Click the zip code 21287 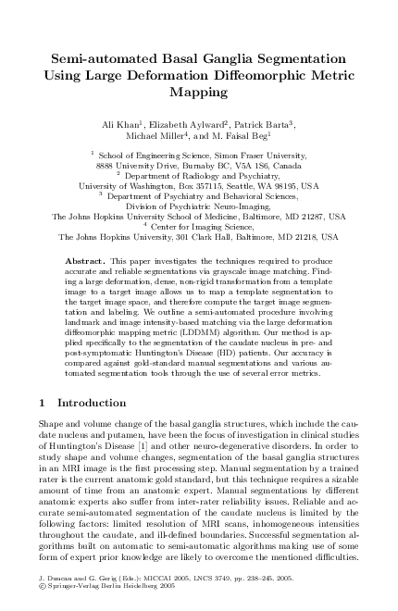point(314,215)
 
